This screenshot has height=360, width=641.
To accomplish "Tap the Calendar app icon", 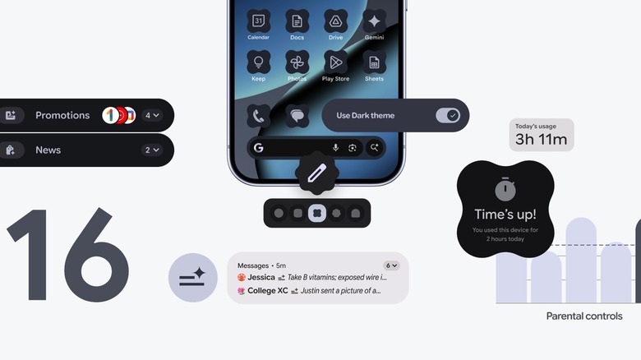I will coord(258,21).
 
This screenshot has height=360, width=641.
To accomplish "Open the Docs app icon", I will coord(297,21).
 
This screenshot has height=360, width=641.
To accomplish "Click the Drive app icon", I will coord(335,21).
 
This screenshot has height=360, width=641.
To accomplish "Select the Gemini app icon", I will coord(374,21).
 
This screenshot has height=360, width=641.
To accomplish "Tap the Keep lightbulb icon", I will coord(258,62).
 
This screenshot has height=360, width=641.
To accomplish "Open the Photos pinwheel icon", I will coord(297,62).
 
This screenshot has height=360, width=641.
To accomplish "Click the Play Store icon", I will coord(335,62).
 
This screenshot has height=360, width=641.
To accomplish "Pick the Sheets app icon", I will coord(374,62).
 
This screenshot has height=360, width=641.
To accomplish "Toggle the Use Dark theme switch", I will coord(449,115).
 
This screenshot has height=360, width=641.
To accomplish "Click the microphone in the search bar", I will coord(335,148).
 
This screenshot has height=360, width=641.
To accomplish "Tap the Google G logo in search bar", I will coord(258,148).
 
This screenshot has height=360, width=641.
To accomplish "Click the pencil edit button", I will coord(316,174).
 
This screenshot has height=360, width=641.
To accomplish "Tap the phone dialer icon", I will coord(258,116).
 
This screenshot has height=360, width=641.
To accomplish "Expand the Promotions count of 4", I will coord(153,115).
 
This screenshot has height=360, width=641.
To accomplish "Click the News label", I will coord(48,150).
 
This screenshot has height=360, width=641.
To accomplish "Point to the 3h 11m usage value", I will coord(541,140).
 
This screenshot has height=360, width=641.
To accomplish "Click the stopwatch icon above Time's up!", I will coord(506,188).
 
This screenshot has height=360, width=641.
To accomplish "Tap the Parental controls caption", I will coord(584,316).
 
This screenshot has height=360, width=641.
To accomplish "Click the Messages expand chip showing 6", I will coord(392,265).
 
